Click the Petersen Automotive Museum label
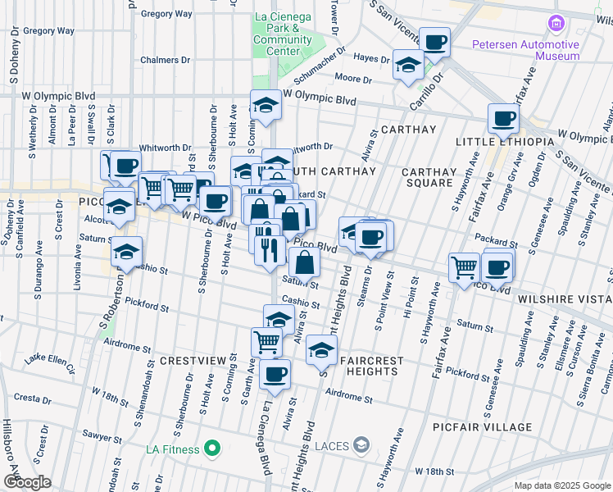click(536, 50)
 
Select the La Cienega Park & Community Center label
click(283, 33)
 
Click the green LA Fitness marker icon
click(212, 449)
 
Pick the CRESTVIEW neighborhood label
click(193, 361)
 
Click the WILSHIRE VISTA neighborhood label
click(565, 300)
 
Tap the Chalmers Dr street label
click(164, 60)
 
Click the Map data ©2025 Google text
click(561, 485)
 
